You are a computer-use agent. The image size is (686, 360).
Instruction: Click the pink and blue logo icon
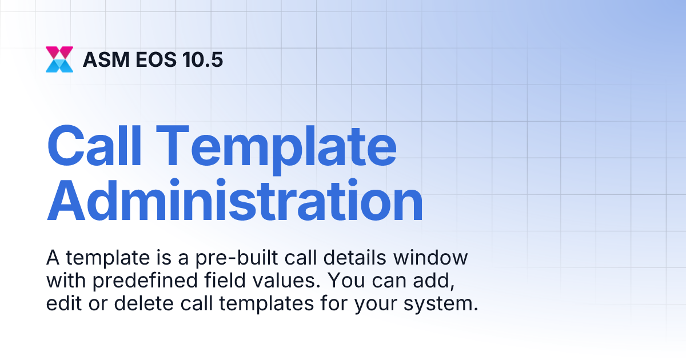(59, 59)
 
